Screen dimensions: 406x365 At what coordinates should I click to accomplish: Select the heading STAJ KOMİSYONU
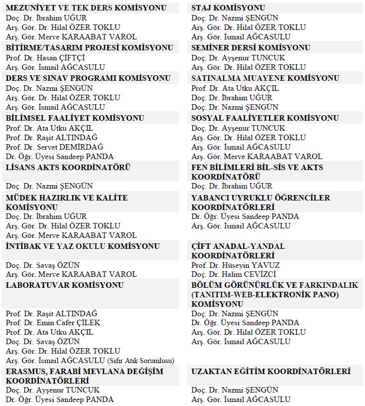click(228, 8)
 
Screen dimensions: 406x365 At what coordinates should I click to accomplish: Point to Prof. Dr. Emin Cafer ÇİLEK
click(53, 323)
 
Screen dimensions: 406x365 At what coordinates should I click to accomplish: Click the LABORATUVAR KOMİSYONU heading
click(65, 285)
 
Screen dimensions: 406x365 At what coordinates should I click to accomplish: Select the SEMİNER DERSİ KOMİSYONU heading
click(250, 48)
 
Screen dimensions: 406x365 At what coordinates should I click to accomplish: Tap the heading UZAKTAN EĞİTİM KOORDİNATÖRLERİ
click(271, 372)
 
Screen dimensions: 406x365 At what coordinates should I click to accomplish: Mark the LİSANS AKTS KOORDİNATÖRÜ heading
click(68, 168)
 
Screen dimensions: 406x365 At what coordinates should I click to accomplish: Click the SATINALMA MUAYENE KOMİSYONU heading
click(265, 78)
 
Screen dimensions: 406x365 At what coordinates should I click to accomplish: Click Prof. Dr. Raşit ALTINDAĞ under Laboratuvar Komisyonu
click(51, 313)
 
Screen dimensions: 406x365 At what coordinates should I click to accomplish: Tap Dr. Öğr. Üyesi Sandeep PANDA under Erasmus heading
click(59, 399)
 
